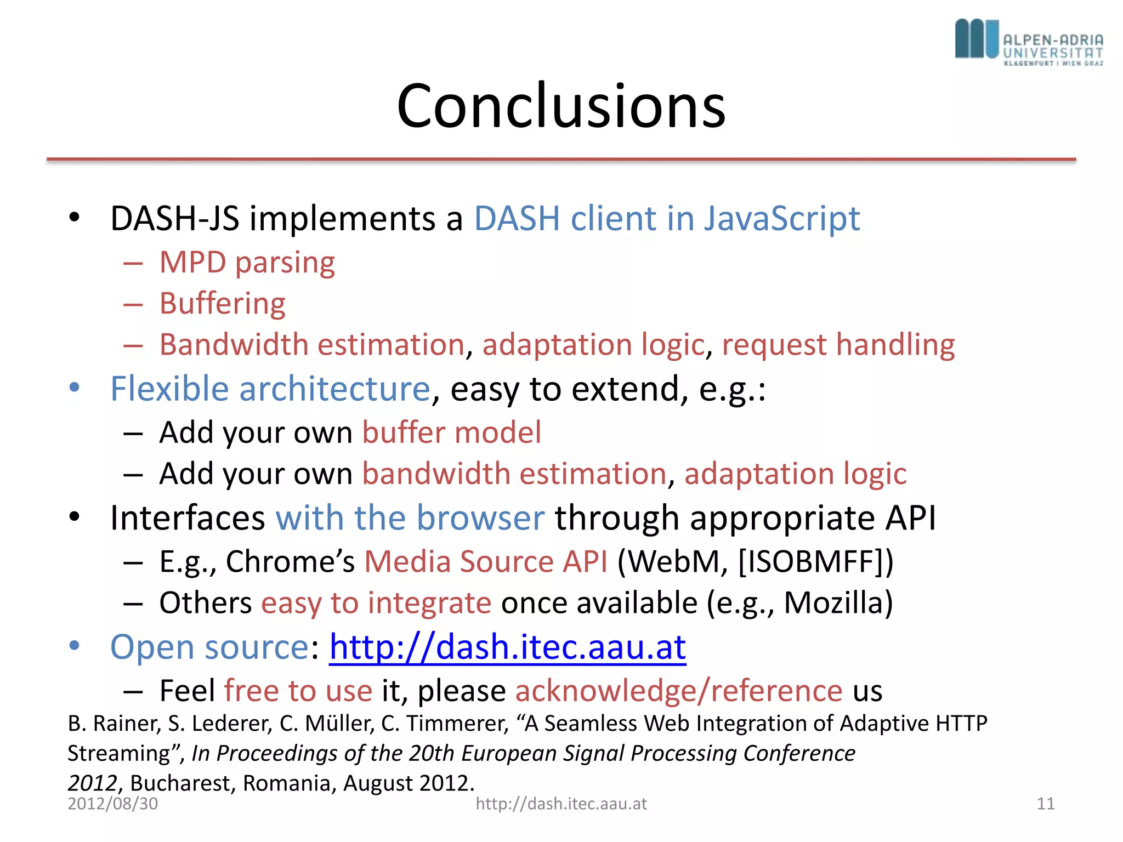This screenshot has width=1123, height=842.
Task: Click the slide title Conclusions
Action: click(561, 106)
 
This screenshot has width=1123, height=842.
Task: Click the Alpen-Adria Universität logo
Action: click(1029, 42)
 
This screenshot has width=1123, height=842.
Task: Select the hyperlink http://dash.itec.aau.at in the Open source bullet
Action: click(507, 647)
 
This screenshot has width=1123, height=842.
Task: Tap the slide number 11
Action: click(1045, 804)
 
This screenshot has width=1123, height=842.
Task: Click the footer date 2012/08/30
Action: click(112, 804)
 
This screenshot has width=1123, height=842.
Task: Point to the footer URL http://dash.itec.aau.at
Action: click(561, 804)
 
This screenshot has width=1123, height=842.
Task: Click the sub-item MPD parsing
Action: click(247, 263)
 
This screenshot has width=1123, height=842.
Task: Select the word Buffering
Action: click(222, 304)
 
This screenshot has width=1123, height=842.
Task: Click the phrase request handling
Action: click(838, 345)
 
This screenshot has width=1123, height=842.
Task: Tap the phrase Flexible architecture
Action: click(270, 389)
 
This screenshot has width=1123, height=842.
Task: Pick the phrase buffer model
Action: click(451, 433)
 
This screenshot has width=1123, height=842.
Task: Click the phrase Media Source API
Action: click(486, 562)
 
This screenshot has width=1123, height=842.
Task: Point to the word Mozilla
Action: click(833, 603)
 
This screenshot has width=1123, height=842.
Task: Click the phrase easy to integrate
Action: click(376, 603)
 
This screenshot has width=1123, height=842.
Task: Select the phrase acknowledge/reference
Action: click(678, 691)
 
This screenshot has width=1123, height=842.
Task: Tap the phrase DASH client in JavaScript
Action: click(666, 219)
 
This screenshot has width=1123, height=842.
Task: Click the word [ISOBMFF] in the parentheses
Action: click(810, 562)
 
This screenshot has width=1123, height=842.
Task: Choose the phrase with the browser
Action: click(410, 518)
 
